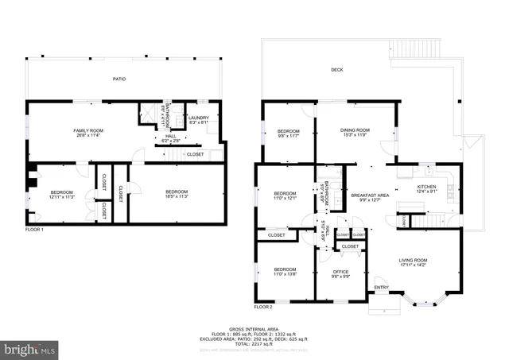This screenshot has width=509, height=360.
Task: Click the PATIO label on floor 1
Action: pyautogui.click(x=119, y=79)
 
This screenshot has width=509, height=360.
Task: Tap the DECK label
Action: pyautogui.click(x=337, y=70)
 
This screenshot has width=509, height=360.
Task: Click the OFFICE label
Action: pyautogui.click(x=341, y=274)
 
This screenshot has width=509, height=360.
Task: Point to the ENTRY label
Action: pyautogui.click(x=382, y=288)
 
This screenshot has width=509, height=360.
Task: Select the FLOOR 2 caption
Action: pyautogui.click(x=263, y=306)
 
